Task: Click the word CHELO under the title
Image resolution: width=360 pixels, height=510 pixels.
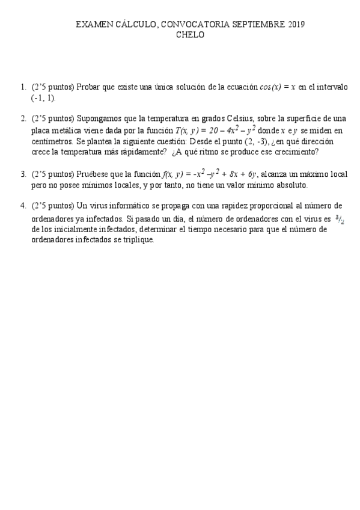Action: (x=190, y=35)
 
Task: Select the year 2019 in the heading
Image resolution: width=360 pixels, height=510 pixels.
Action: (x=293, y=25)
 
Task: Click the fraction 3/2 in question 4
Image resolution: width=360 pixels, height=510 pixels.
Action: (x=341, y=219)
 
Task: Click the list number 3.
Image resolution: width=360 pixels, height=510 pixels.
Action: (x=23, y=174)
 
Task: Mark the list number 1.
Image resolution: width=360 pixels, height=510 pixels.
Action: (x=23, y=87)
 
